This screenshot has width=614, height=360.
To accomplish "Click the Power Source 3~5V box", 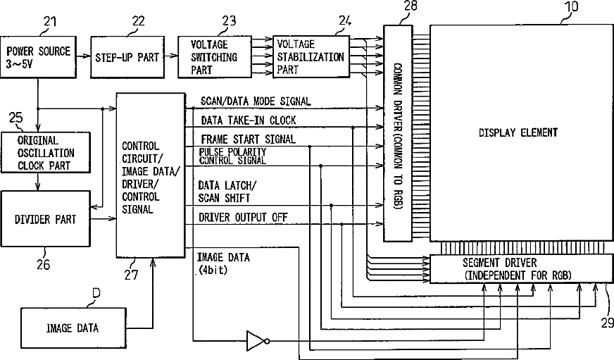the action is click(x=38, y=57).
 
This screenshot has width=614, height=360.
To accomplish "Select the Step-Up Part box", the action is click(x=127, y=57).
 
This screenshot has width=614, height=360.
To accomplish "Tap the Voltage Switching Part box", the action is click(x=215, y=57).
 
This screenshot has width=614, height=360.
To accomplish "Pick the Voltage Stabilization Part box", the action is click(x=311, y=57).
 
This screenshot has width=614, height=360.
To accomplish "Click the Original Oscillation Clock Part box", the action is click(x=46, y=152).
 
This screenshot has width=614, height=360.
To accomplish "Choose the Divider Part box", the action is click(x=46, y=218).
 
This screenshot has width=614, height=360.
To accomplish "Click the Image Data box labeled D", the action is click(x=73, y=328).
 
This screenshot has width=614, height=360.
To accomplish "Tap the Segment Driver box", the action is click(x=521, y=268).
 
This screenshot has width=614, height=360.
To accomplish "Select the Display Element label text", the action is click(x=518, y=132).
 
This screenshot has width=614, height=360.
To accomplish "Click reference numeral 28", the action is click(x=410, y=6).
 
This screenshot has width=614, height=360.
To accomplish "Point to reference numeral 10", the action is click(x=571, y=6).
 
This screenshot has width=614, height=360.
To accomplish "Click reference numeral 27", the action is click(x=132, y=275).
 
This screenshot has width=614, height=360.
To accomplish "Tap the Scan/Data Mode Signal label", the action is click(x=256, y=101).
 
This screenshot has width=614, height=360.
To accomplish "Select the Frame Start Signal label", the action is click(x=249, y=139).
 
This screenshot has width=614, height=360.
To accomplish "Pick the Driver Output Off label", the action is click(x=243, y=217).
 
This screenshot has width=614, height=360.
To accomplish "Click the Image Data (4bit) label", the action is click(x=223, y=263).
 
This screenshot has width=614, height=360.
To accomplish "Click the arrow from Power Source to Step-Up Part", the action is click(x=83, y=56).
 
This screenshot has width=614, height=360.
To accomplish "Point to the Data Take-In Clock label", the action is click(x=249, y=120).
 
